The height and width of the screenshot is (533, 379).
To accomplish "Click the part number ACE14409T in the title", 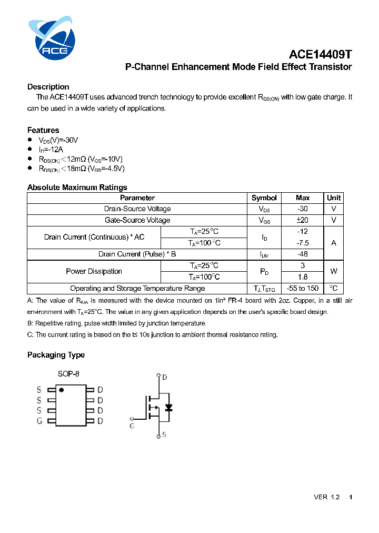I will (320, 54).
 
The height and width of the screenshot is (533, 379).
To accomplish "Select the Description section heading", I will (48, 87).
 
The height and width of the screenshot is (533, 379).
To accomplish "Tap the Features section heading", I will (43, 130).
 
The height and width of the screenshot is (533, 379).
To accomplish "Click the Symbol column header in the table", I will (264, 198).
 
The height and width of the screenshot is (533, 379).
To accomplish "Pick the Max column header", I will (303, 198).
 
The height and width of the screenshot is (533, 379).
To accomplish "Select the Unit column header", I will (334, 198).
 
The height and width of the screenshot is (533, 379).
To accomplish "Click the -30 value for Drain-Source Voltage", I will (303, 209).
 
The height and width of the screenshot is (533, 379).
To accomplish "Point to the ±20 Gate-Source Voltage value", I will (303, 220).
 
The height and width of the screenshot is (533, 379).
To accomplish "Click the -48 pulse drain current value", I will (303, 254).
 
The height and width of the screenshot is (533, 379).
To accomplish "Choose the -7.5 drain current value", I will (303, 243).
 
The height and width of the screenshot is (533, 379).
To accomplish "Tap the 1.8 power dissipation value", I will (303, 277).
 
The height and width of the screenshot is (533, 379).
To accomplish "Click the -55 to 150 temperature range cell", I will (303, 289).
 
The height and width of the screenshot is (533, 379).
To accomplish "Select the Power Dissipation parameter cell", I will (94, 271).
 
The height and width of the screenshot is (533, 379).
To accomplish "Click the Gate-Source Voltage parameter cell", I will (137, 220).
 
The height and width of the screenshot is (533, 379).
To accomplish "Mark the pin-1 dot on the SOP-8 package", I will (62, 390).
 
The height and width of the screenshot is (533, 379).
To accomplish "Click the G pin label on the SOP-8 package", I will (39, 421).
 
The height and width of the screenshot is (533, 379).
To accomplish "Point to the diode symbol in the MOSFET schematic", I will (168, 408).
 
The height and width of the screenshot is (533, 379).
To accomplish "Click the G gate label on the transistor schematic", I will (132, 426).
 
